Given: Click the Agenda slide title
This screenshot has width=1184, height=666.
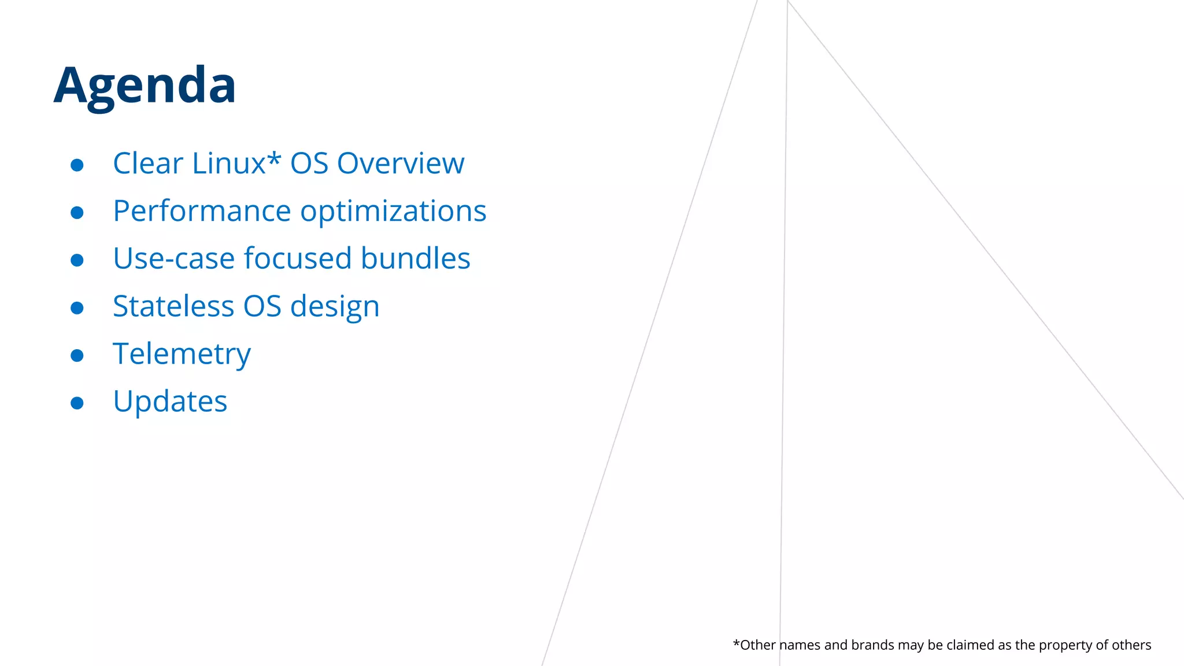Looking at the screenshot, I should (145, 86).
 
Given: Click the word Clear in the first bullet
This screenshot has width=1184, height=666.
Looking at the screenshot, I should (147, 164).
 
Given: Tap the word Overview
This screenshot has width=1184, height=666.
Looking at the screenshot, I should (400, 164).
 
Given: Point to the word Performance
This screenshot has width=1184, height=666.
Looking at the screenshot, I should (202, 211).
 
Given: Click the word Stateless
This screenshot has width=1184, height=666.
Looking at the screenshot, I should (173, 306).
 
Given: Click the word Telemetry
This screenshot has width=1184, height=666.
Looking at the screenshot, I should (182, 354).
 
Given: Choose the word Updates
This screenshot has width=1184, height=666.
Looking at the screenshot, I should (170, 402).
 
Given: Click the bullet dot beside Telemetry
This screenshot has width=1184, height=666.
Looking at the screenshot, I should (77, 355).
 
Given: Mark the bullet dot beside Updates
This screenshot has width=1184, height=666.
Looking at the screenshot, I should (77, 402).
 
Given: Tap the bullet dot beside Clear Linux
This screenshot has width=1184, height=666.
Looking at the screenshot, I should (77, 165).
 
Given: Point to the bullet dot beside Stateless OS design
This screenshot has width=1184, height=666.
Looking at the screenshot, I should (77, 308).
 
